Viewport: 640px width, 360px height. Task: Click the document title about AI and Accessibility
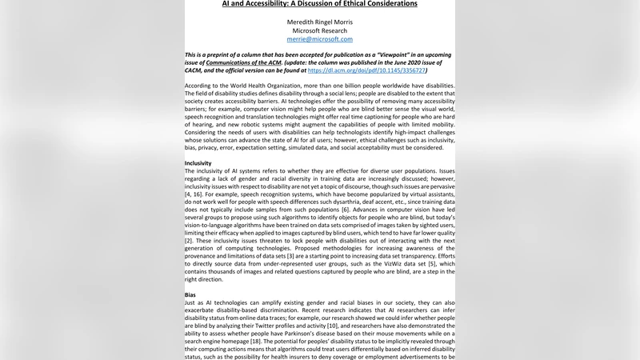click(319, 4)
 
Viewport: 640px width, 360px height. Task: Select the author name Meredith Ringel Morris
click(319, 22)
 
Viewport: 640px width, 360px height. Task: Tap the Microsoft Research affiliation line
click(319, 30)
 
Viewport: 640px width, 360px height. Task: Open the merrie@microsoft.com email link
click(319, 39)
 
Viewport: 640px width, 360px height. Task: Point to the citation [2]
click(189, 240)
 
